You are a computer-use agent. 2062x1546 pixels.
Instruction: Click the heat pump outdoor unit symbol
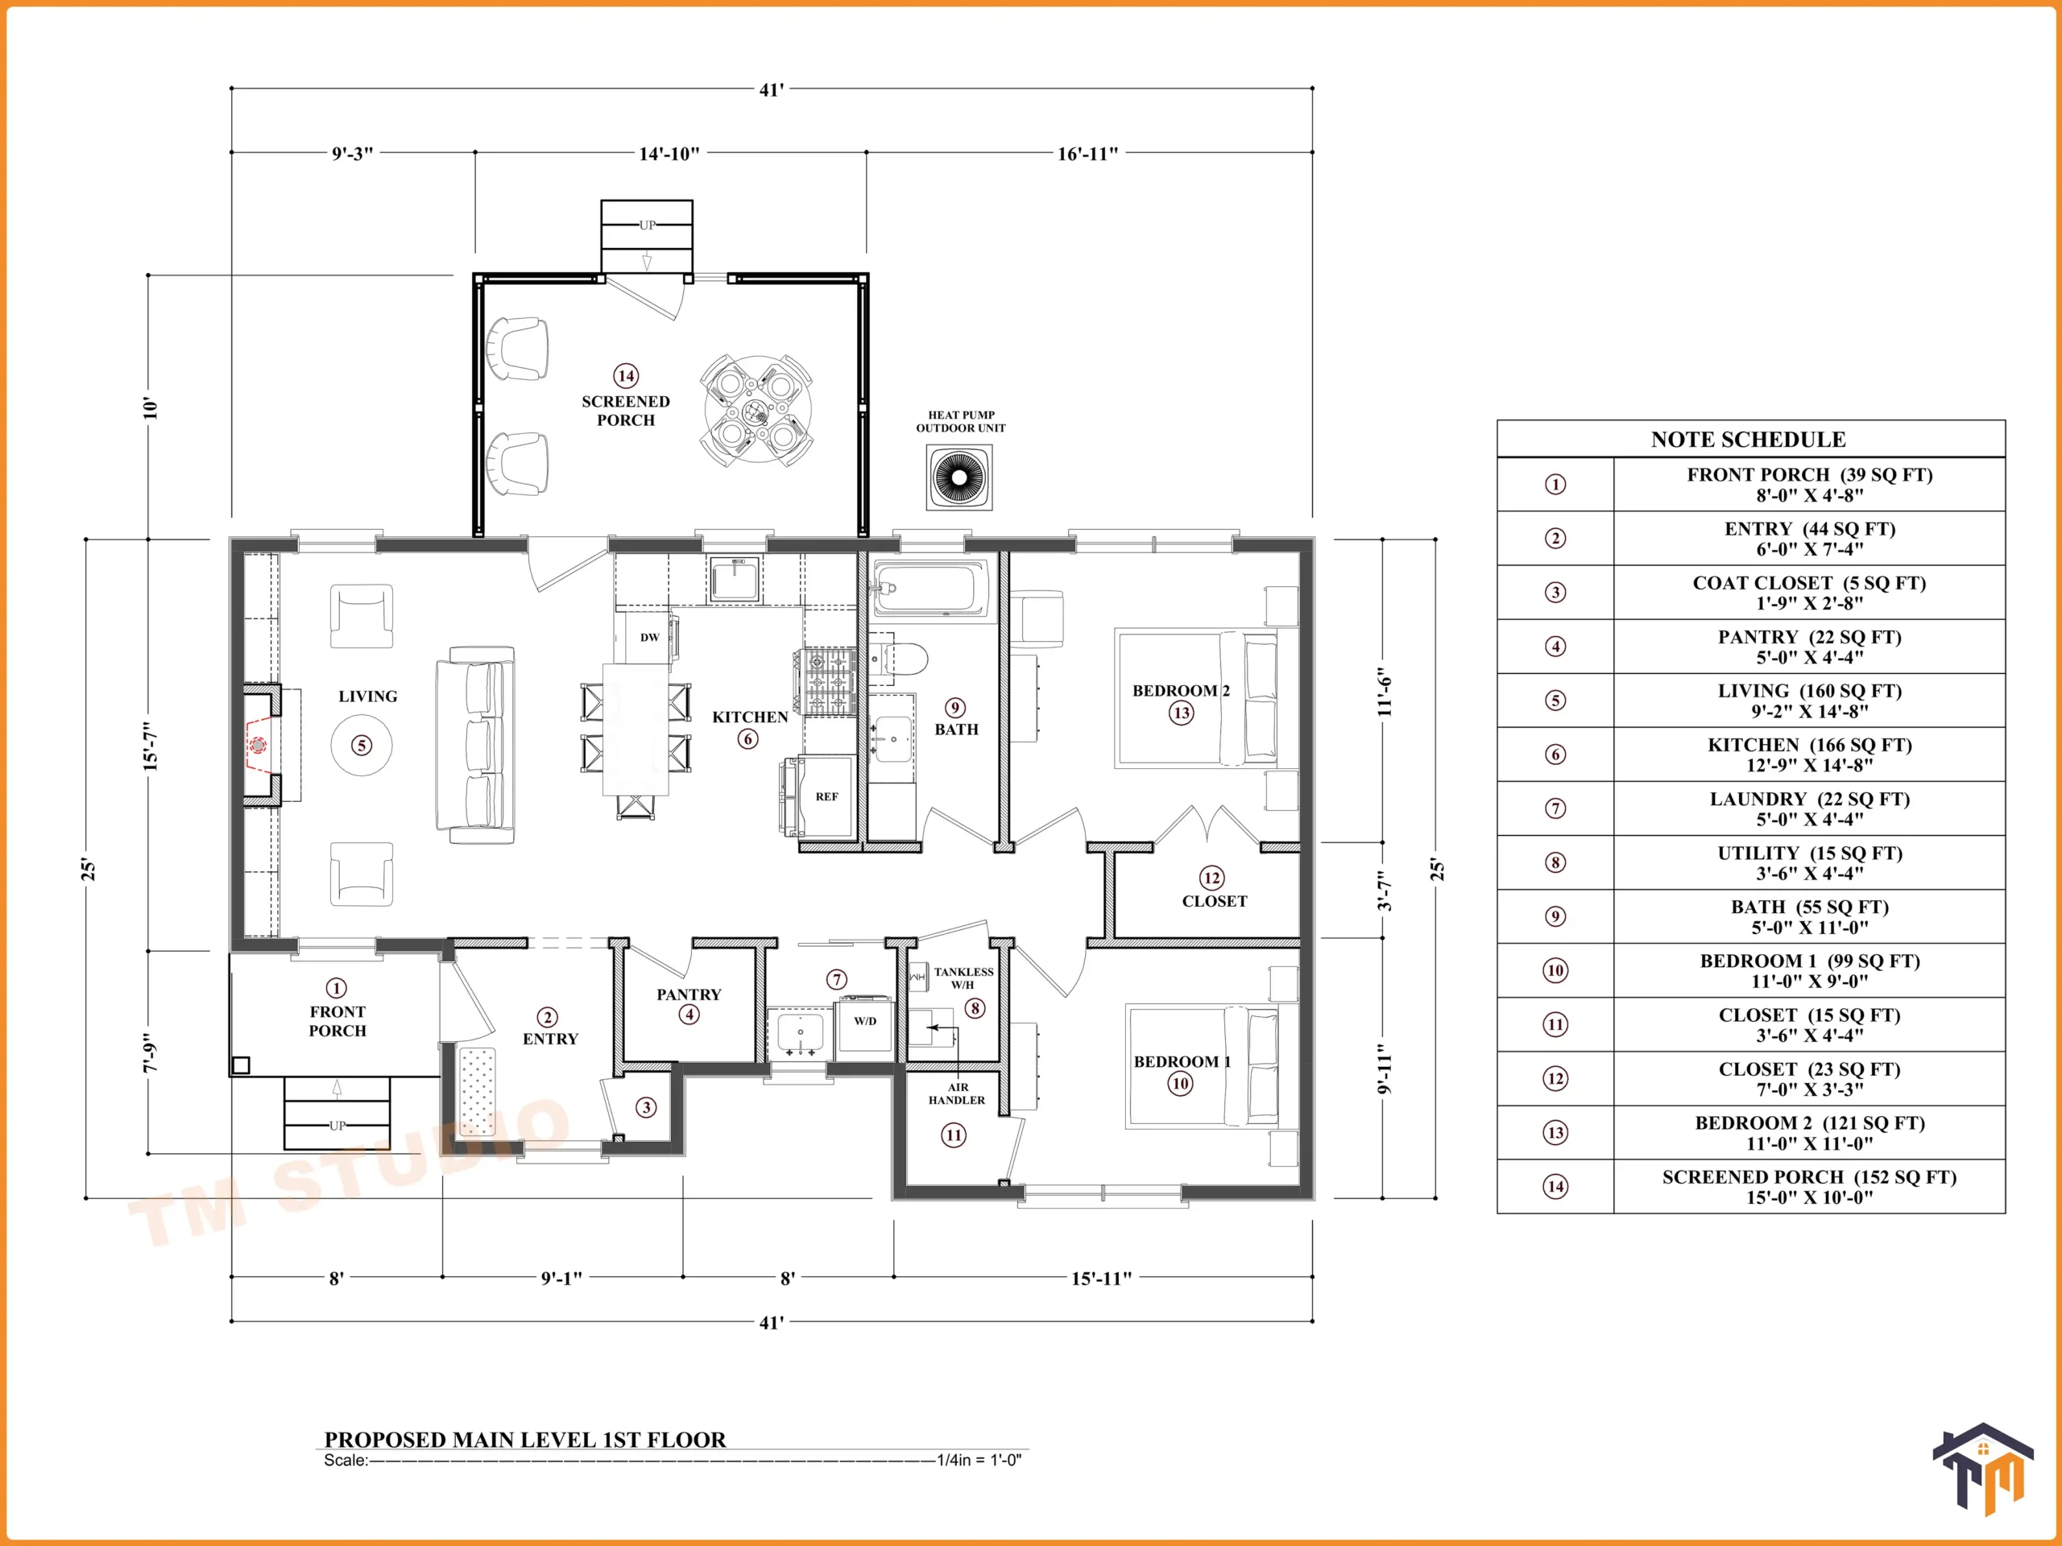point(959,477)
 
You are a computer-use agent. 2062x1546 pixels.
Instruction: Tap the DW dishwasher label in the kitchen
point(650,638)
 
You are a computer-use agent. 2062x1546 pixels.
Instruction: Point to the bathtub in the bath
point(930,588)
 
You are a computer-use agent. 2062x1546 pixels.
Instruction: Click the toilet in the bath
point(899,659)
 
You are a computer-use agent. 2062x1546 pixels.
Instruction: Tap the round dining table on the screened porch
point(757,410)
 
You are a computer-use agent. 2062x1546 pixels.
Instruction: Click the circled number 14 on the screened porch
point(626,375)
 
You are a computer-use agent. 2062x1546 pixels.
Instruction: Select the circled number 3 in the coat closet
point(646,1107)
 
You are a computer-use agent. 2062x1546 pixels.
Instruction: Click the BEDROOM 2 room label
point(1181,691)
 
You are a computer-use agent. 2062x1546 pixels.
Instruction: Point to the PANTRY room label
point(689,994)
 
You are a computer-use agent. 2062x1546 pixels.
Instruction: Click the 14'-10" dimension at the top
point(669,154)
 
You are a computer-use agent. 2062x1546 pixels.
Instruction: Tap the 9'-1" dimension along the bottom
point(561,1278)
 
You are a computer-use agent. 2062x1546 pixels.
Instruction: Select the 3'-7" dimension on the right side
point(1385,891)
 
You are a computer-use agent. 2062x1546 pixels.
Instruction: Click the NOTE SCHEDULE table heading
point(1749,439)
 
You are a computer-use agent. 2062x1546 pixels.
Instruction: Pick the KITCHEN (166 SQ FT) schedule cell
point(1809,754)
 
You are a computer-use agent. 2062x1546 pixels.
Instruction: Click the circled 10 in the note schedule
point(1555,970)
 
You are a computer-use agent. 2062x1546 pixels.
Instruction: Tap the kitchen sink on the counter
point(735,580)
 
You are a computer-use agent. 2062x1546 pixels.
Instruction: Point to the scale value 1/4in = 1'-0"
point(979,1461)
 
